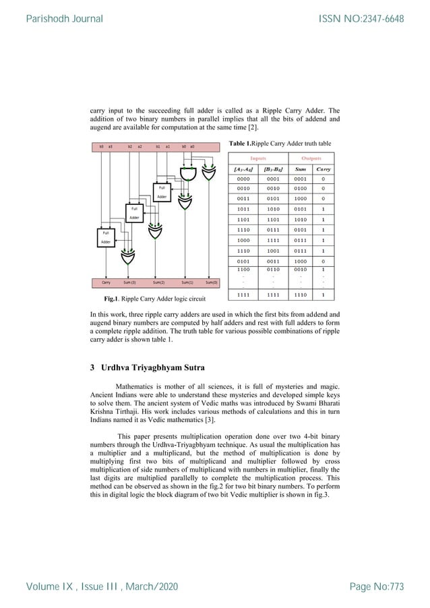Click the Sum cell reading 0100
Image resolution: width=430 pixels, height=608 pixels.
300,189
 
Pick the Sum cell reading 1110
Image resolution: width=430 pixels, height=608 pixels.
300,294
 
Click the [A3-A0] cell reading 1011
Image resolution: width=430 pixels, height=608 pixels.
242,210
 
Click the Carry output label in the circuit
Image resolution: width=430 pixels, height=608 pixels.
106,284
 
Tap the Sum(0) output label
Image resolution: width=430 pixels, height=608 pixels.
211,284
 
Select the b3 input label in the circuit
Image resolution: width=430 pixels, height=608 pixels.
101,146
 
